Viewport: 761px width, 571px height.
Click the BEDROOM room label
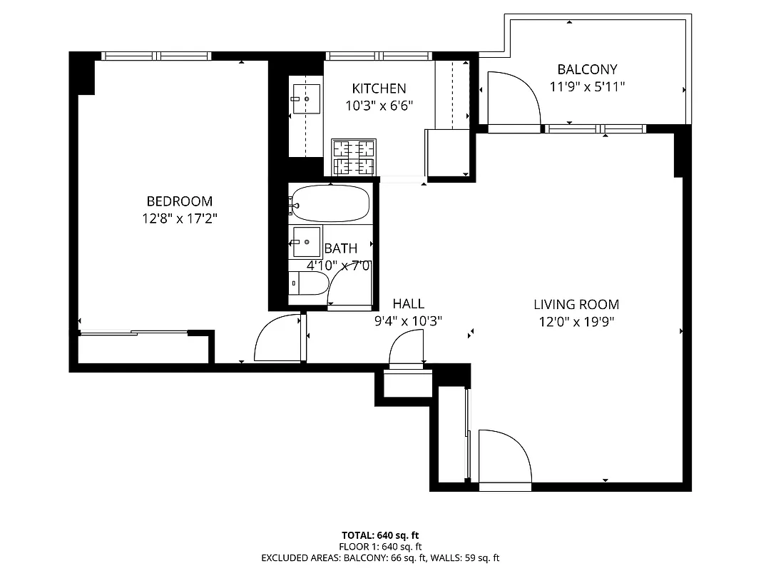coord(179,201)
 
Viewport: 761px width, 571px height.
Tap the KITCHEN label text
coord(379,89)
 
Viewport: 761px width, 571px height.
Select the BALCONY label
coord(587,69)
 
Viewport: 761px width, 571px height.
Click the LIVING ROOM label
coord(576,305)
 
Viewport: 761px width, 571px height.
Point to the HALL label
coord(408,304)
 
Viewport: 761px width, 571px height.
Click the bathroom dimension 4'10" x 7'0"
coord(339,266)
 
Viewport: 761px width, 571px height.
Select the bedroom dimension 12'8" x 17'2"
coord(179,218)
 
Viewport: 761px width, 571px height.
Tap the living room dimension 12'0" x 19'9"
coord(576,322)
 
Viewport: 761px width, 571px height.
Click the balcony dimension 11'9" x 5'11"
coord(587,87)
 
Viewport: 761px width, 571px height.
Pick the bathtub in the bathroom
coord(330,203)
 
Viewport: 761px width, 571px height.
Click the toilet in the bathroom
coord(308,283)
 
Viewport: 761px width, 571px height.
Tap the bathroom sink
coord(307,242)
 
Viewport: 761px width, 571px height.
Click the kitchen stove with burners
coord(354,158)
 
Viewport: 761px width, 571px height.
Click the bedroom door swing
coord(278,338)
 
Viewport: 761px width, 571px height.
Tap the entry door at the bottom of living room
coord(505,458)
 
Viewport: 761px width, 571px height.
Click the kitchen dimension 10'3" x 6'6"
coord(379,106)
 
